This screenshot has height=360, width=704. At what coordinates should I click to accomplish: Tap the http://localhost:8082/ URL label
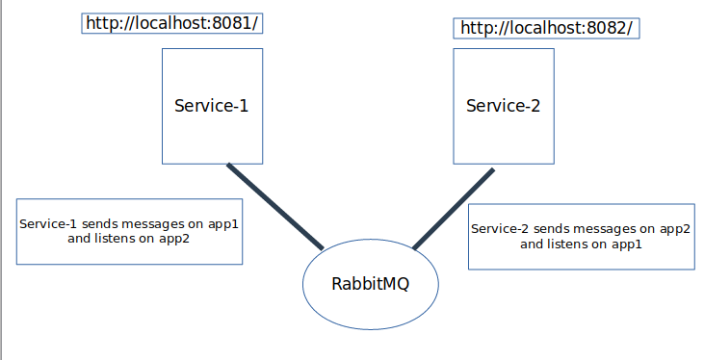point(546,28)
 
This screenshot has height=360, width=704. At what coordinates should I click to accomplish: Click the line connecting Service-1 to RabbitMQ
point(274,206)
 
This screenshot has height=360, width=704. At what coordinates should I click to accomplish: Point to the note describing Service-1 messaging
point(129,231)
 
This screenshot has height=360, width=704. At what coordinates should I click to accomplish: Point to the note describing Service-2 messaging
point(581,237)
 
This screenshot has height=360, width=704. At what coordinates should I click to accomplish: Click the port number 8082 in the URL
point(608,28)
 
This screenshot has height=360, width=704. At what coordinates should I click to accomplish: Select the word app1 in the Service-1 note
point(222,223)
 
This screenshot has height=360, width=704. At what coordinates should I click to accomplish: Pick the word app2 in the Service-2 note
point(673,229)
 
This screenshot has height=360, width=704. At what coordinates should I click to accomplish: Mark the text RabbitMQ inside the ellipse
point(370,284)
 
